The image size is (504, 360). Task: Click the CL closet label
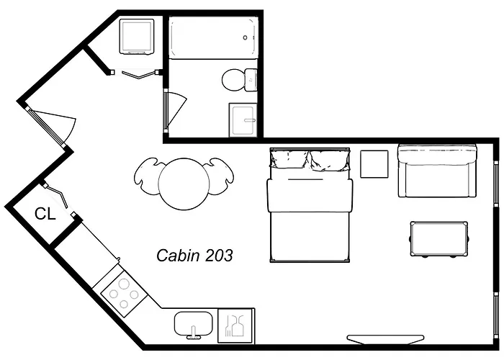(45, 213)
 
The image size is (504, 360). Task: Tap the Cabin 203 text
(194, 256)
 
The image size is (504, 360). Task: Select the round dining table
(184, 184)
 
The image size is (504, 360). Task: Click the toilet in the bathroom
(240, 79)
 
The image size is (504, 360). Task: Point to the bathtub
(213, 37)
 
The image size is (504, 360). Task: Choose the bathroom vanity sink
(243, 120)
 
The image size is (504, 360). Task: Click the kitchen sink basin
(194, 324)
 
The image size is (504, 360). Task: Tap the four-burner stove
(124, 294)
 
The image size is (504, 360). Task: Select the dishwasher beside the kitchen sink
(235, 325)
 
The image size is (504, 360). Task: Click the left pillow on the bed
(289, 160)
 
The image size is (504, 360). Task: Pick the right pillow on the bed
(329, 161)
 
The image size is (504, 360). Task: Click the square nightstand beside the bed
(374, 164)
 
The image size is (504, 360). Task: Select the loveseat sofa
(437, 171)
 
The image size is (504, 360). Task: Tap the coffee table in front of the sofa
(438, 239)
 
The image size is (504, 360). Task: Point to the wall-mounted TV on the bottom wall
(385, 339)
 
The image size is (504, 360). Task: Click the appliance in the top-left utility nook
(137, 37)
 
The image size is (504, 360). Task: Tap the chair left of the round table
(146, 176)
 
